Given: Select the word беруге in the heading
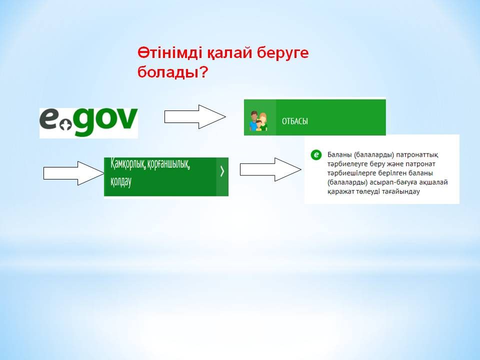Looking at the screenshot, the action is click(282, 53).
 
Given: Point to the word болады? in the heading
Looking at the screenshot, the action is click(172, 72).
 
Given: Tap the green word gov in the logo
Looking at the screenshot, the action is click(105, 120).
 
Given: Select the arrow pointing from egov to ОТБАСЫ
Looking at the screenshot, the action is click(195, 116).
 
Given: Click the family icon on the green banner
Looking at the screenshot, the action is click(258, 120).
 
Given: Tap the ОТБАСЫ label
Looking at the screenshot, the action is click(295, 121).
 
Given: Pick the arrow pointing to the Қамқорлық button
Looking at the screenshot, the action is click(74, 173).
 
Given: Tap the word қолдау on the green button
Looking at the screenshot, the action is click(121, 181).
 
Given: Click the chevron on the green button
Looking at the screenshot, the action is click(222, 171).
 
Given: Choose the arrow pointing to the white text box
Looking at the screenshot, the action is click(270, 169).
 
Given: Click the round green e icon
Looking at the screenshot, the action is click(316, 155).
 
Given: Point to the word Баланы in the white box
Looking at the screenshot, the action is click(339, 155).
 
